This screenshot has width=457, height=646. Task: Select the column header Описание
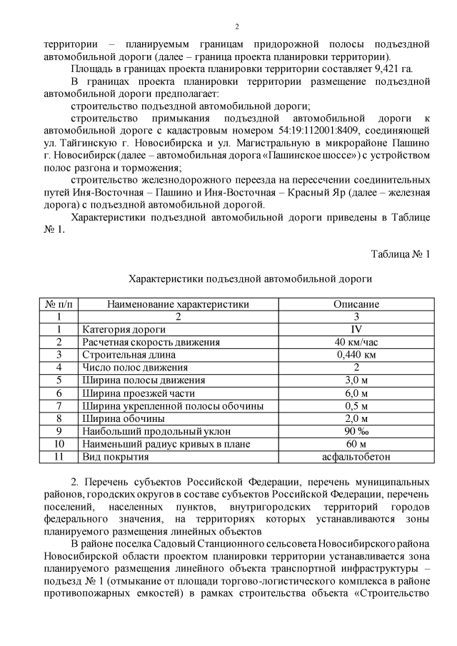point(356,304)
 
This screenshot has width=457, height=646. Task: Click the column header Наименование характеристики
point(178,304)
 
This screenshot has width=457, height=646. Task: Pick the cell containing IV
point(356,329)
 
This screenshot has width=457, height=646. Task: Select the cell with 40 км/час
point(356,342)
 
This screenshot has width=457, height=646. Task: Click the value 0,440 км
point(356,355)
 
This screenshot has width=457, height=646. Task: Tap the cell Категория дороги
point(124,329)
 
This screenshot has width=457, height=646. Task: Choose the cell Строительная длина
point(129,355)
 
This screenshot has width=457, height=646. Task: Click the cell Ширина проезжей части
point(139,393)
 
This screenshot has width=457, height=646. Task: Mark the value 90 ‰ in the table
point(356,431)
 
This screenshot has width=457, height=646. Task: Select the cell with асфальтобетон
point(356,457)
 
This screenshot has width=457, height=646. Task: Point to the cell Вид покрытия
point(115,457)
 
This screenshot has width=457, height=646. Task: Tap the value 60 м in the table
point(356,444)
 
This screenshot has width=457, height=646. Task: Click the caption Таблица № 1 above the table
point(401,254)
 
